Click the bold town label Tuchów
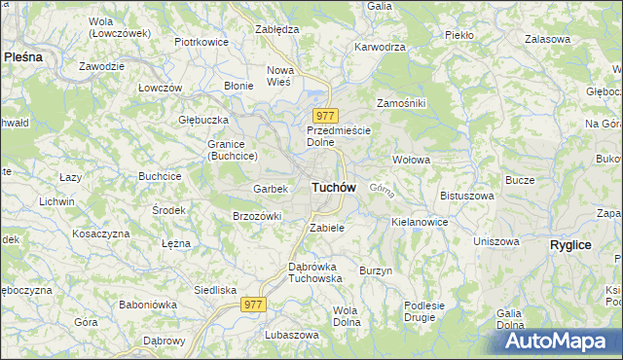point(333,187)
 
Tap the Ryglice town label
point(570,245)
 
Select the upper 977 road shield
point(325,116)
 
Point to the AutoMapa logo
point(552,342)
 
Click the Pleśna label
point(23,57)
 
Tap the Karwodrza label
point(380,46)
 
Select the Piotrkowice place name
point(201,43)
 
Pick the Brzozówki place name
point(257,216)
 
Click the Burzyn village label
point(375,270)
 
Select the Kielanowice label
point(420,222)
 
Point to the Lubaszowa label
point(291,334)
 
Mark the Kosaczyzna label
point(101,234)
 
